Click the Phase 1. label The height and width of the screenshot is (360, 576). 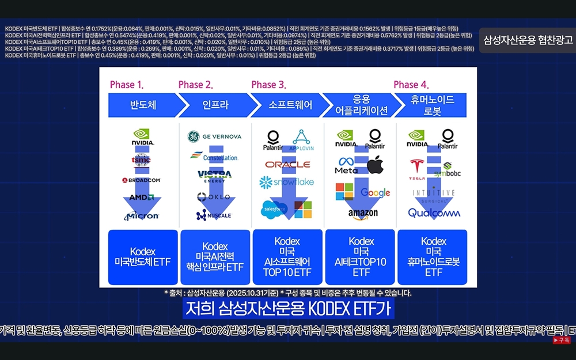[x=126, y=85]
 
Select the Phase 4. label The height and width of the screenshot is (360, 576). [x=410, y=85]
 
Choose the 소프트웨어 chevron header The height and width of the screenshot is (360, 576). [x=290, y=105]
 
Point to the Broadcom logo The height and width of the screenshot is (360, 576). [x=141, y=180]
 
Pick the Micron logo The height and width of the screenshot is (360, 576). [x=142, y=215]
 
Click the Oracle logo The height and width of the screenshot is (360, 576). [x=287, y=165]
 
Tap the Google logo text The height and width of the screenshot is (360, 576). [x=376, y=192]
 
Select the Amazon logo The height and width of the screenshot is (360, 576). [x=363, y=214]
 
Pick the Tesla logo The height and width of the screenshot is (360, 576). [x=418, y=169]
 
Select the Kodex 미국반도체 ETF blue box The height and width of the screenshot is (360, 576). [x=143, y=257]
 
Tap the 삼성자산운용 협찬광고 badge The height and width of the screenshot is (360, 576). [x=528, y=40]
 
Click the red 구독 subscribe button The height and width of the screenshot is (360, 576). [x=562, y=340]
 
